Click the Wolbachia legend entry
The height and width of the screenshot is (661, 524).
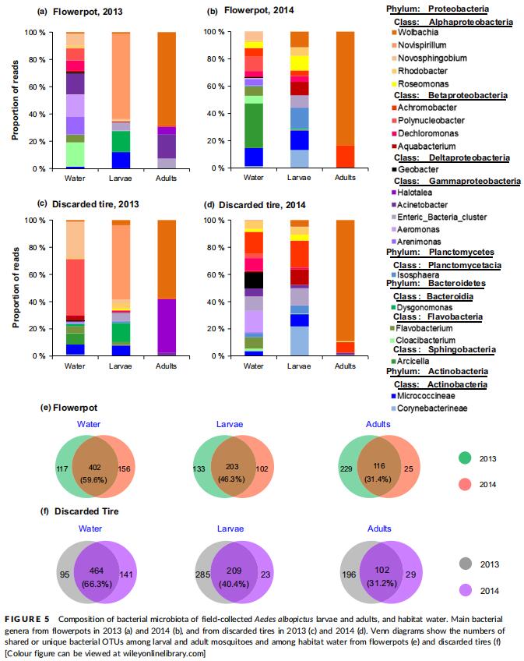(415, 33)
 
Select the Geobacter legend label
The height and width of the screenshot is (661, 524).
(415, 169)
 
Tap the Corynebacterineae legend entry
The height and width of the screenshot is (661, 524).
(429, 408)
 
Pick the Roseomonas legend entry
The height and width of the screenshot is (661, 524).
(420, 84)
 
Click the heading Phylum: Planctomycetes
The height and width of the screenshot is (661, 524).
(440, 252)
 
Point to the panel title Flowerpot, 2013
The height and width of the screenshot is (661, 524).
(88, 12)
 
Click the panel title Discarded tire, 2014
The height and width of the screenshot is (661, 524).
(262, 205)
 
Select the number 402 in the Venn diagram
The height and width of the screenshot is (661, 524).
(95, 467)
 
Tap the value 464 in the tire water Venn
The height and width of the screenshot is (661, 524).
(97, 571)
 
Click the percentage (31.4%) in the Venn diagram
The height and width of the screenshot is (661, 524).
(378, 479)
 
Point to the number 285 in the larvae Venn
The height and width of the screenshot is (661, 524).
(202, 574)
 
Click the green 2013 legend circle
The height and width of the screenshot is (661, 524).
(465, 458)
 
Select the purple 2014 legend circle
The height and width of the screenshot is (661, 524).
(466, 590)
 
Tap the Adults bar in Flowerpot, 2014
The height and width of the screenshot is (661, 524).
(345, 100)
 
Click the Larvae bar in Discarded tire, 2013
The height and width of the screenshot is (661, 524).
(121, 288)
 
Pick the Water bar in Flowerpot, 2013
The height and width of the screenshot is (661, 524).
(75, 101)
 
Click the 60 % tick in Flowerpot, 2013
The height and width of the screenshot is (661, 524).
(37, 87)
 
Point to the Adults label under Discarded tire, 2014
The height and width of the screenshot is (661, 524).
(345, 366)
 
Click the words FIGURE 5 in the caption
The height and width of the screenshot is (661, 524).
(27, 619)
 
